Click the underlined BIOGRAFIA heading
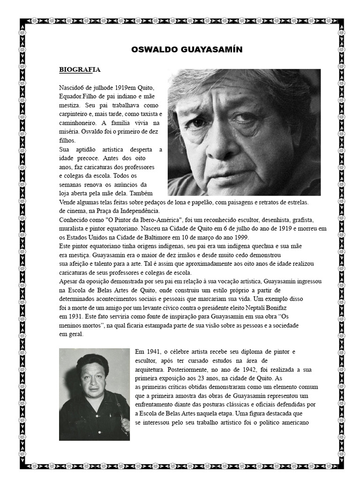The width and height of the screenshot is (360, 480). coord(80,70)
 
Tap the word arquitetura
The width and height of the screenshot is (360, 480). coord(149,369)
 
